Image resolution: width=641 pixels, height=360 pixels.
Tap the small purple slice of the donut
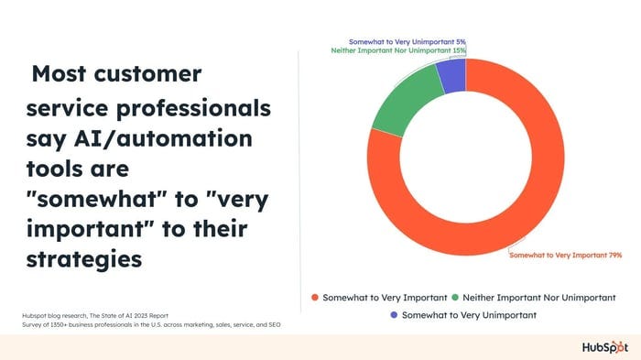[451, 77]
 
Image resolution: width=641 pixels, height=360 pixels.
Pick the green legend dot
[455, 297]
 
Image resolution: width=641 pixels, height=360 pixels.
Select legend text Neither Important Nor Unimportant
[539, 297]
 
